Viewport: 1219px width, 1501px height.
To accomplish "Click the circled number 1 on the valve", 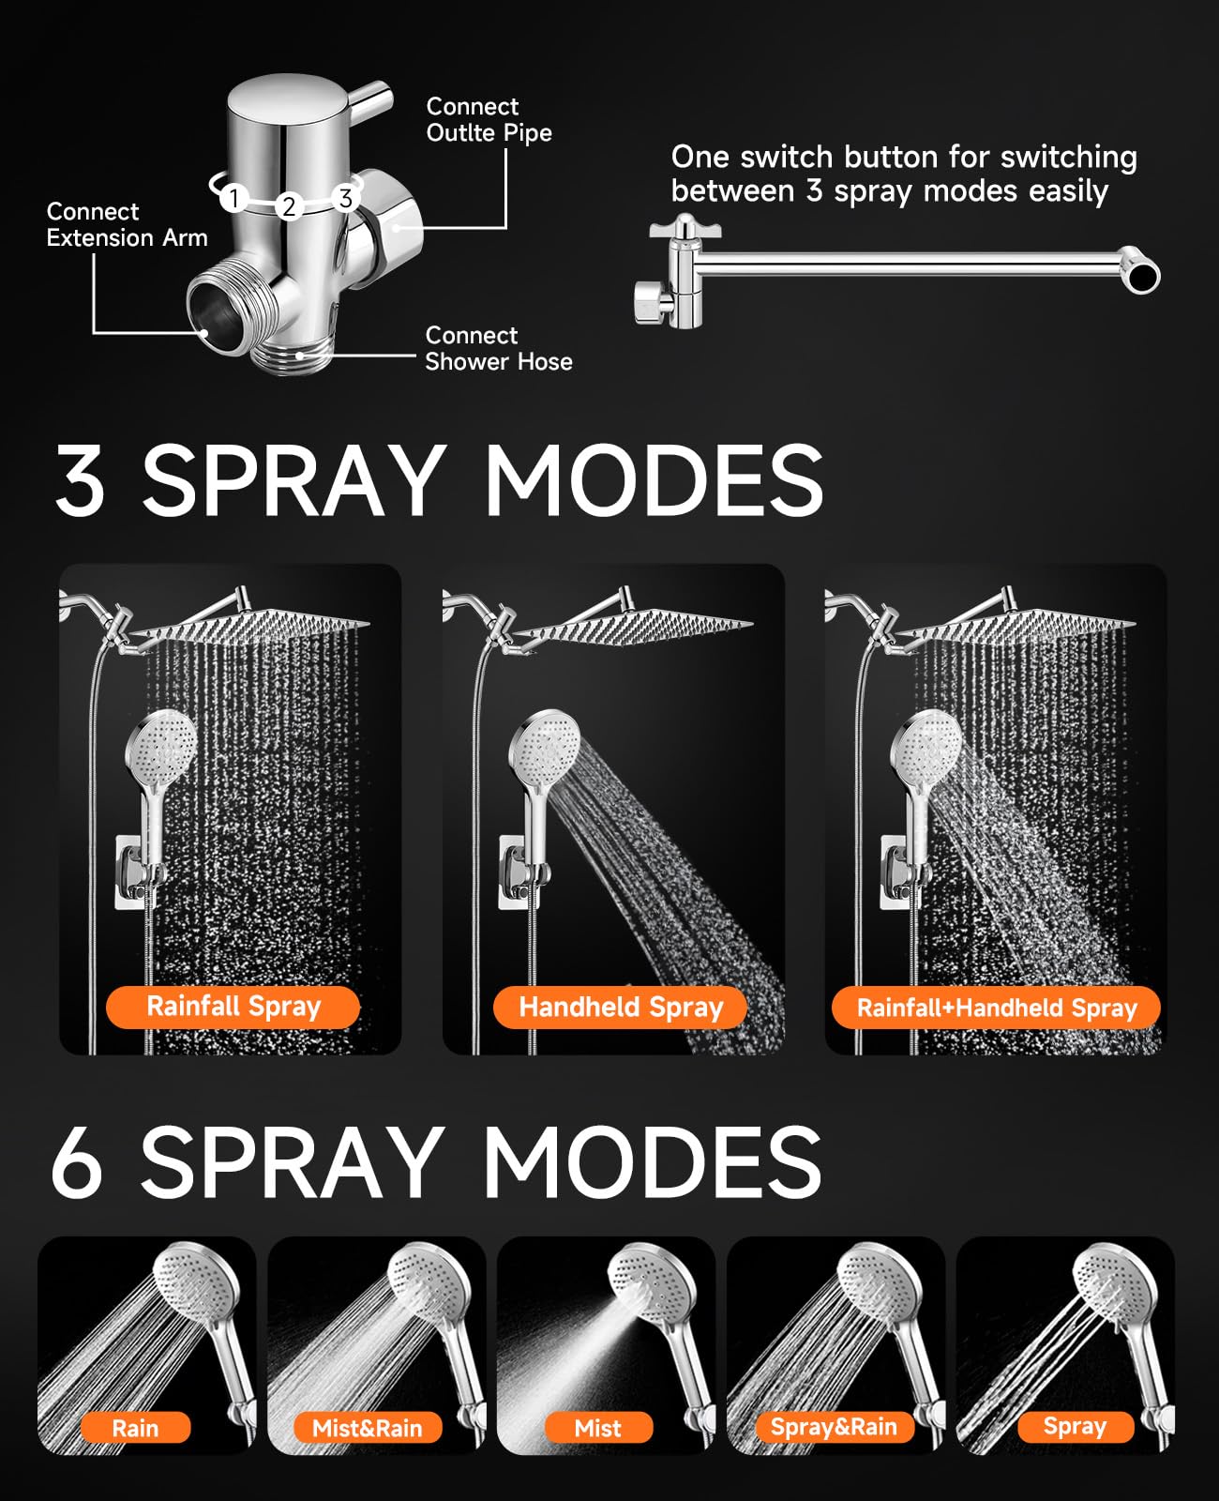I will tap(234, 198).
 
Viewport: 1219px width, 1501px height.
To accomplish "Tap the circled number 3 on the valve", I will tap(346, 198).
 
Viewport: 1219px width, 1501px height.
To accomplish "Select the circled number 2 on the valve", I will tap(289, 206).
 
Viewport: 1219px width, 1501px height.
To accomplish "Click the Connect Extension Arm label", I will tap(127, 225).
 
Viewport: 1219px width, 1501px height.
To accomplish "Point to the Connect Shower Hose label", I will tap(498, 348).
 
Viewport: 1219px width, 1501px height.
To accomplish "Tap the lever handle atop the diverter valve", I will tap(369, 97).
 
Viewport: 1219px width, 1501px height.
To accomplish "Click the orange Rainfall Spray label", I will tap(233, 1007).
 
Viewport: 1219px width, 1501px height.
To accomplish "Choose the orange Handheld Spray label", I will tap(620, 1008).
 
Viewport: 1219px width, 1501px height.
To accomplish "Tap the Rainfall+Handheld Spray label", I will tap(996, 1008).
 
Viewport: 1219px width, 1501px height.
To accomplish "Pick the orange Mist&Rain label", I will tap(367, 1428).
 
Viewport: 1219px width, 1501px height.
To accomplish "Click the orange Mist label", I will tap(597, 1428).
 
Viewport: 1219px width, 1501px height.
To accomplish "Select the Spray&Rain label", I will tap(833, 1427).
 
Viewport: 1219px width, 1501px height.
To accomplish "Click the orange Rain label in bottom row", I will tap(135, 1428).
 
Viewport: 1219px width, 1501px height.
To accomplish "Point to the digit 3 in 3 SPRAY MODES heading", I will tap(80, 479).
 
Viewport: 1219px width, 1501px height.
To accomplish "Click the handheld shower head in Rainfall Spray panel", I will tap(161, 750).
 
